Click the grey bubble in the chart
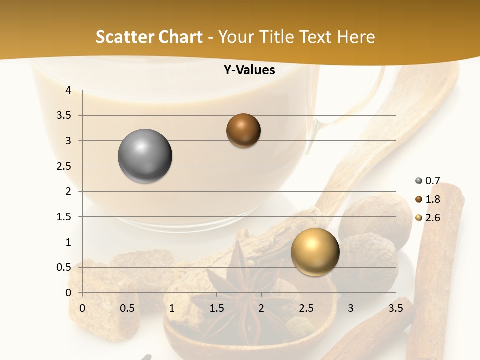click(145, 156)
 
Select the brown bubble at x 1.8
click(243, 131)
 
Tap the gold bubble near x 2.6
click(315, 252)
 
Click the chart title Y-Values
click(249, 70)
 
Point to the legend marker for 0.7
click(418, 181)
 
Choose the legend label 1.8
click(432, 199)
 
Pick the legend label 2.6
click(432, 218)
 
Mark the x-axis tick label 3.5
click(395, 308)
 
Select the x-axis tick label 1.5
click(216, 308)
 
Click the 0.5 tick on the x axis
click(127, 308)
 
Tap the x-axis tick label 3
click(351, 308)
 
